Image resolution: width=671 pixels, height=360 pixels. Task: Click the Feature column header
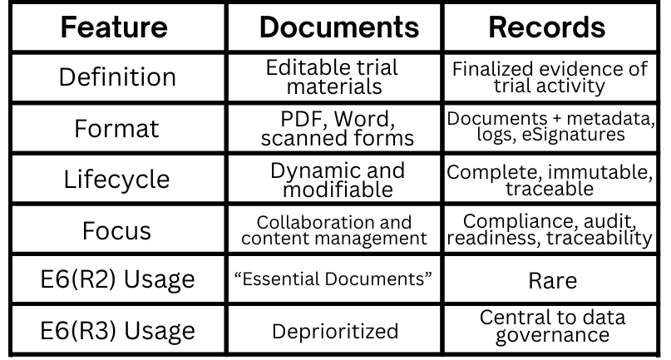(x=115, y=28)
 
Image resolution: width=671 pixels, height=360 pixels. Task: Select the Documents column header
(x=338, y=28)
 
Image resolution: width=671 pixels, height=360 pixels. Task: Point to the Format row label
(x=115, y=130)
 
